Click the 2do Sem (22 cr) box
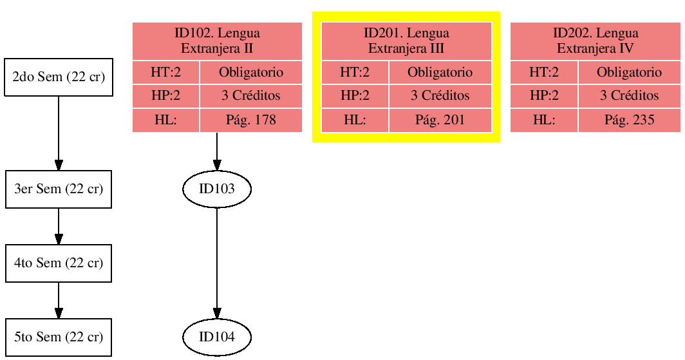tap(59, 77)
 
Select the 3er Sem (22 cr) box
tap(59, 189)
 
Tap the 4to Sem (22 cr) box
tap(59, 263)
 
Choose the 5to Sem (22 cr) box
tap(59, 337)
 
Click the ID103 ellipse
tap(217, 189)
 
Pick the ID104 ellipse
tap(217, 337)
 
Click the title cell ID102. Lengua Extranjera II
tap(217, 41)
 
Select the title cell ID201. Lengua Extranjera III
tap(406, 41)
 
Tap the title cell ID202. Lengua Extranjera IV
tap(596, 41)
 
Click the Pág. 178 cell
tap(250, 120)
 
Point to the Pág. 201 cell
tap(440, 120)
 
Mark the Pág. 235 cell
tap(629, 120)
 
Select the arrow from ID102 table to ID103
tap(217, 151)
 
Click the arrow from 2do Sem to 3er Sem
tap(59, 133)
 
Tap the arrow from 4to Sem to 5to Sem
tap(59, 300)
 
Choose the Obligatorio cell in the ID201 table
tap(440, 72)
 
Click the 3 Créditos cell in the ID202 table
tap(629, 96)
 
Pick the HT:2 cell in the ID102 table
tap(165, 72)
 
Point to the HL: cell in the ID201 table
tap(355, 120)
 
